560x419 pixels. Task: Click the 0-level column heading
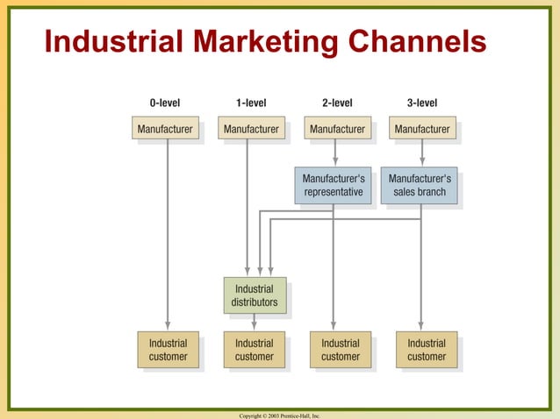(x=164, y=103)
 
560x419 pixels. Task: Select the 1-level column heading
(x=251, y=103)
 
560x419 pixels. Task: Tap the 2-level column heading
(x=337, y=103)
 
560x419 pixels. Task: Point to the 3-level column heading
(x=422, y=103)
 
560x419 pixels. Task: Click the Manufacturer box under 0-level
(x=164, y=129)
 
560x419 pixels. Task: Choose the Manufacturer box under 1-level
(x=251, y=129)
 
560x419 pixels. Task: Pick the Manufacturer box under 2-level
(x=337, y=129)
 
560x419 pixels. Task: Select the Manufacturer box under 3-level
(x=422, y=129)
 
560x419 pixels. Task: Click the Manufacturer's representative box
(x=334, y=185)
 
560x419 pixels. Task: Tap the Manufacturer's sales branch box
(x=419, y=185)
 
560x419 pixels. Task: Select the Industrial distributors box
(x=255, y=295)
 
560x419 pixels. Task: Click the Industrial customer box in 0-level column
(x=168, y=350)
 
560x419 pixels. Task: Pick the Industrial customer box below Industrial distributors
(x=255, y=350)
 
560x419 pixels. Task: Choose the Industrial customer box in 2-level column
(x=340, y=350)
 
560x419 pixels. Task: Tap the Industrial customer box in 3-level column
(x=427, y=350)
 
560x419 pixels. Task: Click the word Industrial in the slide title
(x=107, y=41)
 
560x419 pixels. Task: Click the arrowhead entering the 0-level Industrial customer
(x=168, y=325)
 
